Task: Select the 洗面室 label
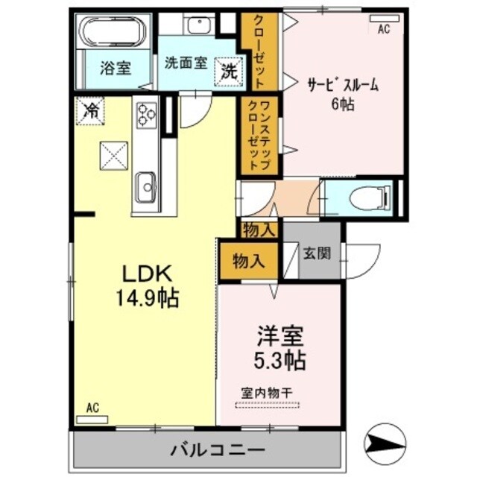(186, 64)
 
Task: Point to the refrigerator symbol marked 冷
(90, 112)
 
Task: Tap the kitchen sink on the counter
(145, 182)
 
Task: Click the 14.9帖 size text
(146, 300)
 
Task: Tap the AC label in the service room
(384, 29)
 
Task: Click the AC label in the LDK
(92, 407)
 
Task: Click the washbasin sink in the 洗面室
(200, 25)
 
